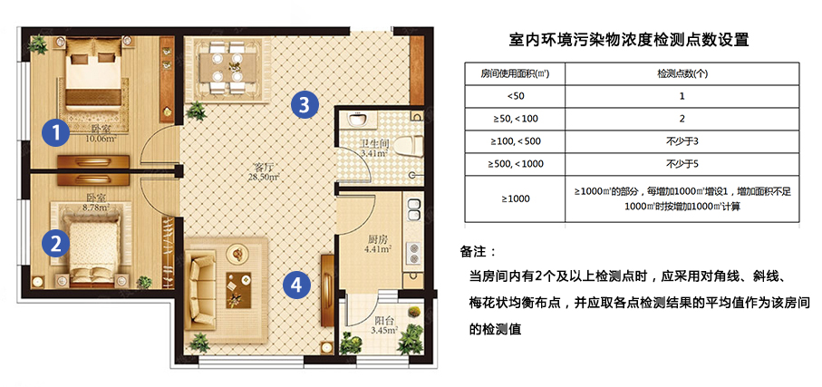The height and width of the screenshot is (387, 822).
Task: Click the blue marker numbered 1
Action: pyautogui.click(x=56, y=132)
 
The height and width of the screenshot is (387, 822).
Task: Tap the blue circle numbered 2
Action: pyautogui.click(x=56, y=243)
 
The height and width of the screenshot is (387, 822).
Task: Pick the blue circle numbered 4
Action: pyautogui.click(x=296, y=285)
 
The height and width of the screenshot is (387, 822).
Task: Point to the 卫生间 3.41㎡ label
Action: pyautogui.click(x=373, y=149)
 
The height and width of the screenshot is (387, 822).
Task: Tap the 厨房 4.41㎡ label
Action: pyautogui.click(x=377, y=244)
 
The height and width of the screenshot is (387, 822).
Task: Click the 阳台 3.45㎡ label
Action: pyautogui.click(x=384, y=325)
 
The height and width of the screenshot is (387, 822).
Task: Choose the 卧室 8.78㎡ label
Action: pyautogui.click(x=97, y=203)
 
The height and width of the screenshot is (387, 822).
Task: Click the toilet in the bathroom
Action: pyautogui.click(x=407, y=144)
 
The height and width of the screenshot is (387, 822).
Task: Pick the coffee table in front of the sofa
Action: pyautogui.click(x=235, y=289)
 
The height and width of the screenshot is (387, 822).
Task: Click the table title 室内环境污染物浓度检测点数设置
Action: pyautogui.click(x=629, y=40)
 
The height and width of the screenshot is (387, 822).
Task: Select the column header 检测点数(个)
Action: pyautogui.click(x=682, y=74)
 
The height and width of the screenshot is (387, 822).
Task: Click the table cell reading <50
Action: pyautogui.click(x=516, y=96)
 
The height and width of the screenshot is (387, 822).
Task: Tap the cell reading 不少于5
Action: pyautogui.click(x=682, y=164)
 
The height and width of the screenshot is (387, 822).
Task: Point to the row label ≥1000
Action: pyautogui.click(x=516, y=198)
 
